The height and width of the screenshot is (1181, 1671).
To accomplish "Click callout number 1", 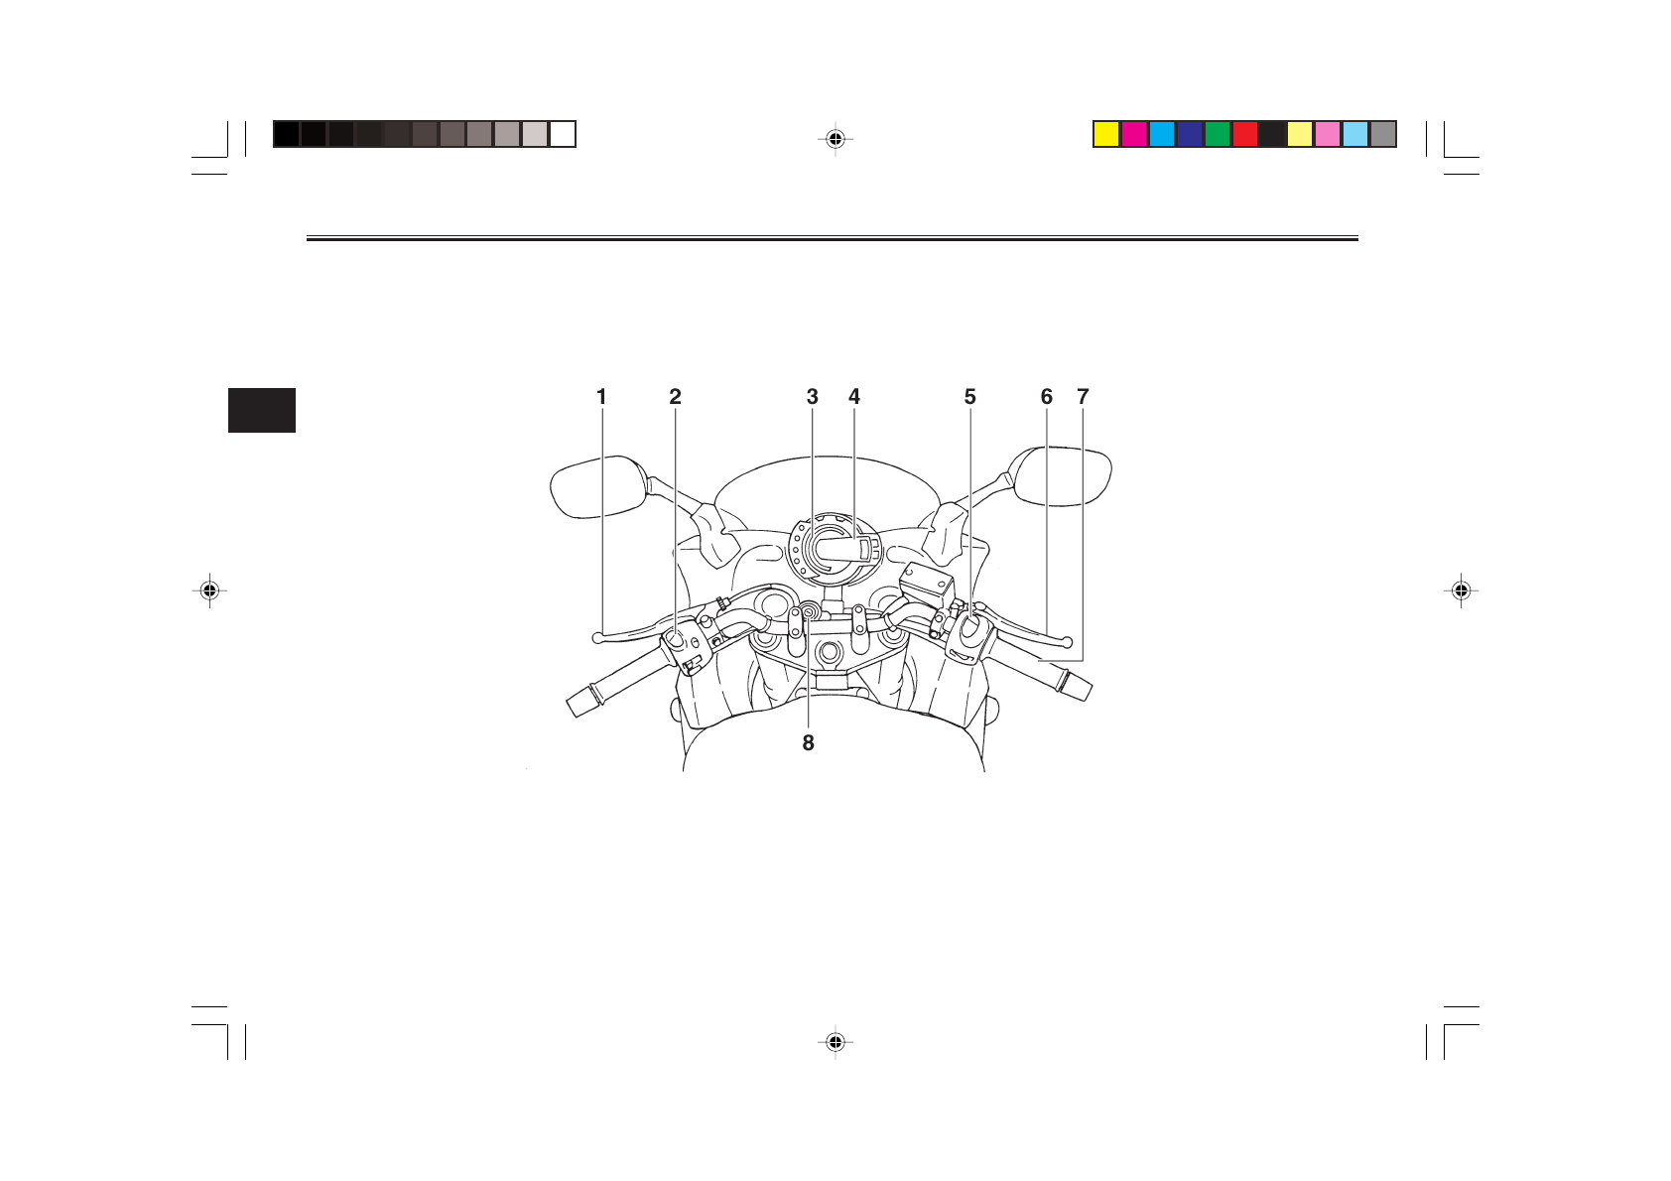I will coord(601,397).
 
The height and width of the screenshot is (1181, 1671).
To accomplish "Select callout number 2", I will coord(676,397).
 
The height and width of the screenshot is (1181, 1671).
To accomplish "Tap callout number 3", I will coord(813,397).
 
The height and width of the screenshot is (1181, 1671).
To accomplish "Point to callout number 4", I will coord(854,397).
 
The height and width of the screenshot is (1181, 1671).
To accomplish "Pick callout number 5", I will coord(970,397).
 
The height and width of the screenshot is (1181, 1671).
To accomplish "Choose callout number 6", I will coord(1047,397).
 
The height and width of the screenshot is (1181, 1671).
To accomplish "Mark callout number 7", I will coord(1083,397).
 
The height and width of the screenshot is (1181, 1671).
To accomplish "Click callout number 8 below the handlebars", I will coord(809,743).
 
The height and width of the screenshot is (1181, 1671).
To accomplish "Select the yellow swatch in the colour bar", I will coord(1106,134).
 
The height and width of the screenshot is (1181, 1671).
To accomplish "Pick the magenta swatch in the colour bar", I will coord(1134,134).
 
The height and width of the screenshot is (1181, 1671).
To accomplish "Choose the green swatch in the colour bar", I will coord(1218,134).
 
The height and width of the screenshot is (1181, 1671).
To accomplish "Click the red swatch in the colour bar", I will coord(1245,134).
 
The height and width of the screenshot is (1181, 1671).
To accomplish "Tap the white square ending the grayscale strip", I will coord(563,134).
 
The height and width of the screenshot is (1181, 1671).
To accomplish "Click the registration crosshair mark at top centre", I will coord(835,139).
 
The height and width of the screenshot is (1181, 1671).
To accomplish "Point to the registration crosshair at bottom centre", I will coord(835,1042).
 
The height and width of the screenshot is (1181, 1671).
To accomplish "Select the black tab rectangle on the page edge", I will coord(262,410).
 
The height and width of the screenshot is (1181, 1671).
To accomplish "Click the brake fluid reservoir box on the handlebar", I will coord(926,583).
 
